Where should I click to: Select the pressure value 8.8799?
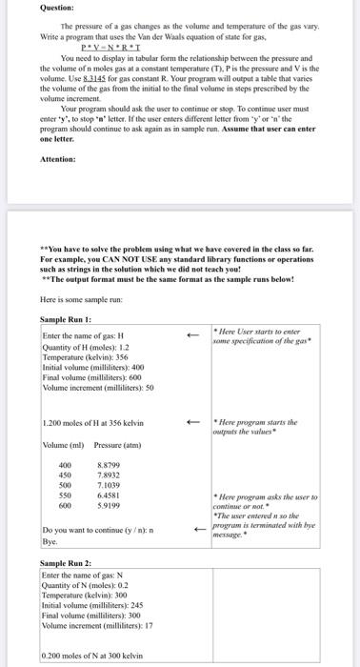pos(110,463)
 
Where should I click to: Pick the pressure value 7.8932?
pos(110,475)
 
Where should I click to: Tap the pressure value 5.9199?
pos(110,506)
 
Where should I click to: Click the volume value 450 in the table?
pos(67,475)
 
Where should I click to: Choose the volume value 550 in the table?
pos(67,495)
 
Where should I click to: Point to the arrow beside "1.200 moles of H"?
pos(193,422)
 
